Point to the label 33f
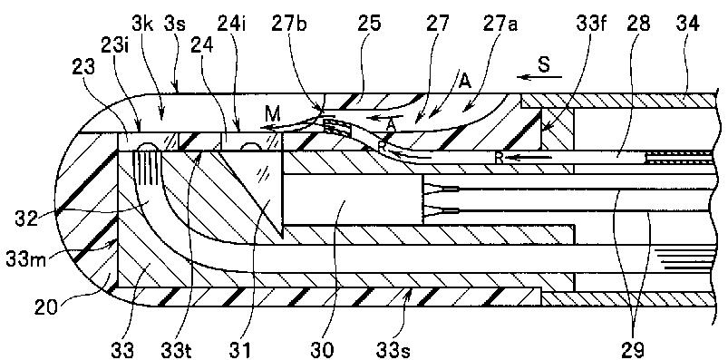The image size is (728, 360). pos(591,24)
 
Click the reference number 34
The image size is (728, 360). pos(688,24)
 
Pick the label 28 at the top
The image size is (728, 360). pos(638,24)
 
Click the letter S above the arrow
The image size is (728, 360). pos(544,64)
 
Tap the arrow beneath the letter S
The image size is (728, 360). pos(539,77)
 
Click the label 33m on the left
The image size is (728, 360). pos(24,258)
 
